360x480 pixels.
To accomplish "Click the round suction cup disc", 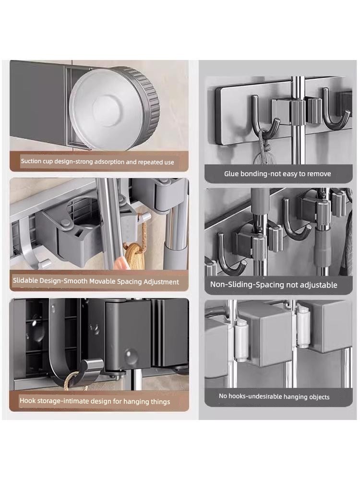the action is coord(114,108).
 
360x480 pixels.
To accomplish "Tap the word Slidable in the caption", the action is coord(25,280).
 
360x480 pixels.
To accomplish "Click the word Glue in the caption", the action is coord(231,174).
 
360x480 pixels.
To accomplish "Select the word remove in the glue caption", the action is coord(319,174).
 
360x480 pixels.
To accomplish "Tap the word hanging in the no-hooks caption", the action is coord(294,397).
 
